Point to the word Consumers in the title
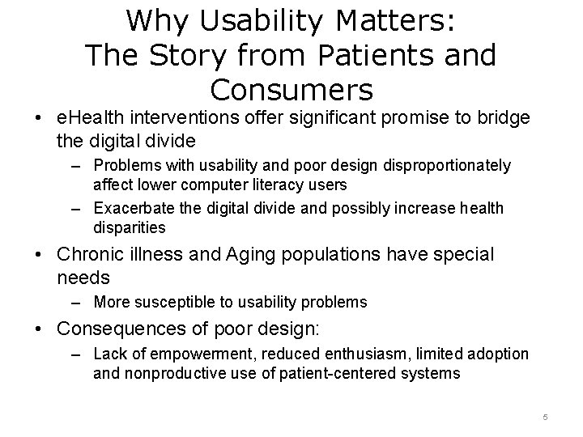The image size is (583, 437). coord(291,89)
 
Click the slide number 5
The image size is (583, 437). coord(545,417)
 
